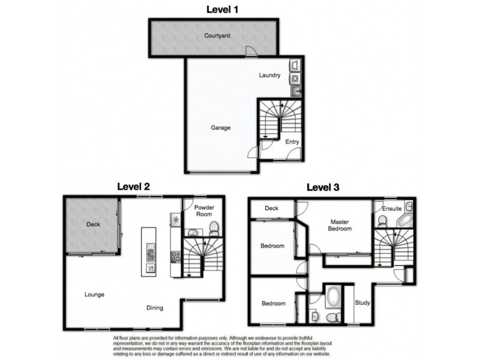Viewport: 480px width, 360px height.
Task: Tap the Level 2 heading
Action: coord(143,187)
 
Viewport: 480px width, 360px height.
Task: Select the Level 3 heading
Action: coord(323,187)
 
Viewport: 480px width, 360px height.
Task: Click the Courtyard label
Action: coord(217,36)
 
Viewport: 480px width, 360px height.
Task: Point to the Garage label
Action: coord(220,128)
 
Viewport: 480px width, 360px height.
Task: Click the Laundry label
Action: coord(269,76)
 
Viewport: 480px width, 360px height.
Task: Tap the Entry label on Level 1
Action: coord(292,142)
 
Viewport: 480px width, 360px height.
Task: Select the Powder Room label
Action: coord(204,211)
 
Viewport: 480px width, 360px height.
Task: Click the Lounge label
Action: coord(94,295)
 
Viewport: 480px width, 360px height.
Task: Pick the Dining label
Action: coord(155,308)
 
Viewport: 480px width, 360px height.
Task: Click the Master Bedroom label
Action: coord(340,225)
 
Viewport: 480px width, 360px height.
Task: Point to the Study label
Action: coord(362,303)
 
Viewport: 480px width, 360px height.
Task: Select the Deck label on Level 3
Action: coord(272,209)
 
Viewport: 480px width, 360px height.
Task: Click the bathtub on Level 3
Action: coord(332,298)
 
